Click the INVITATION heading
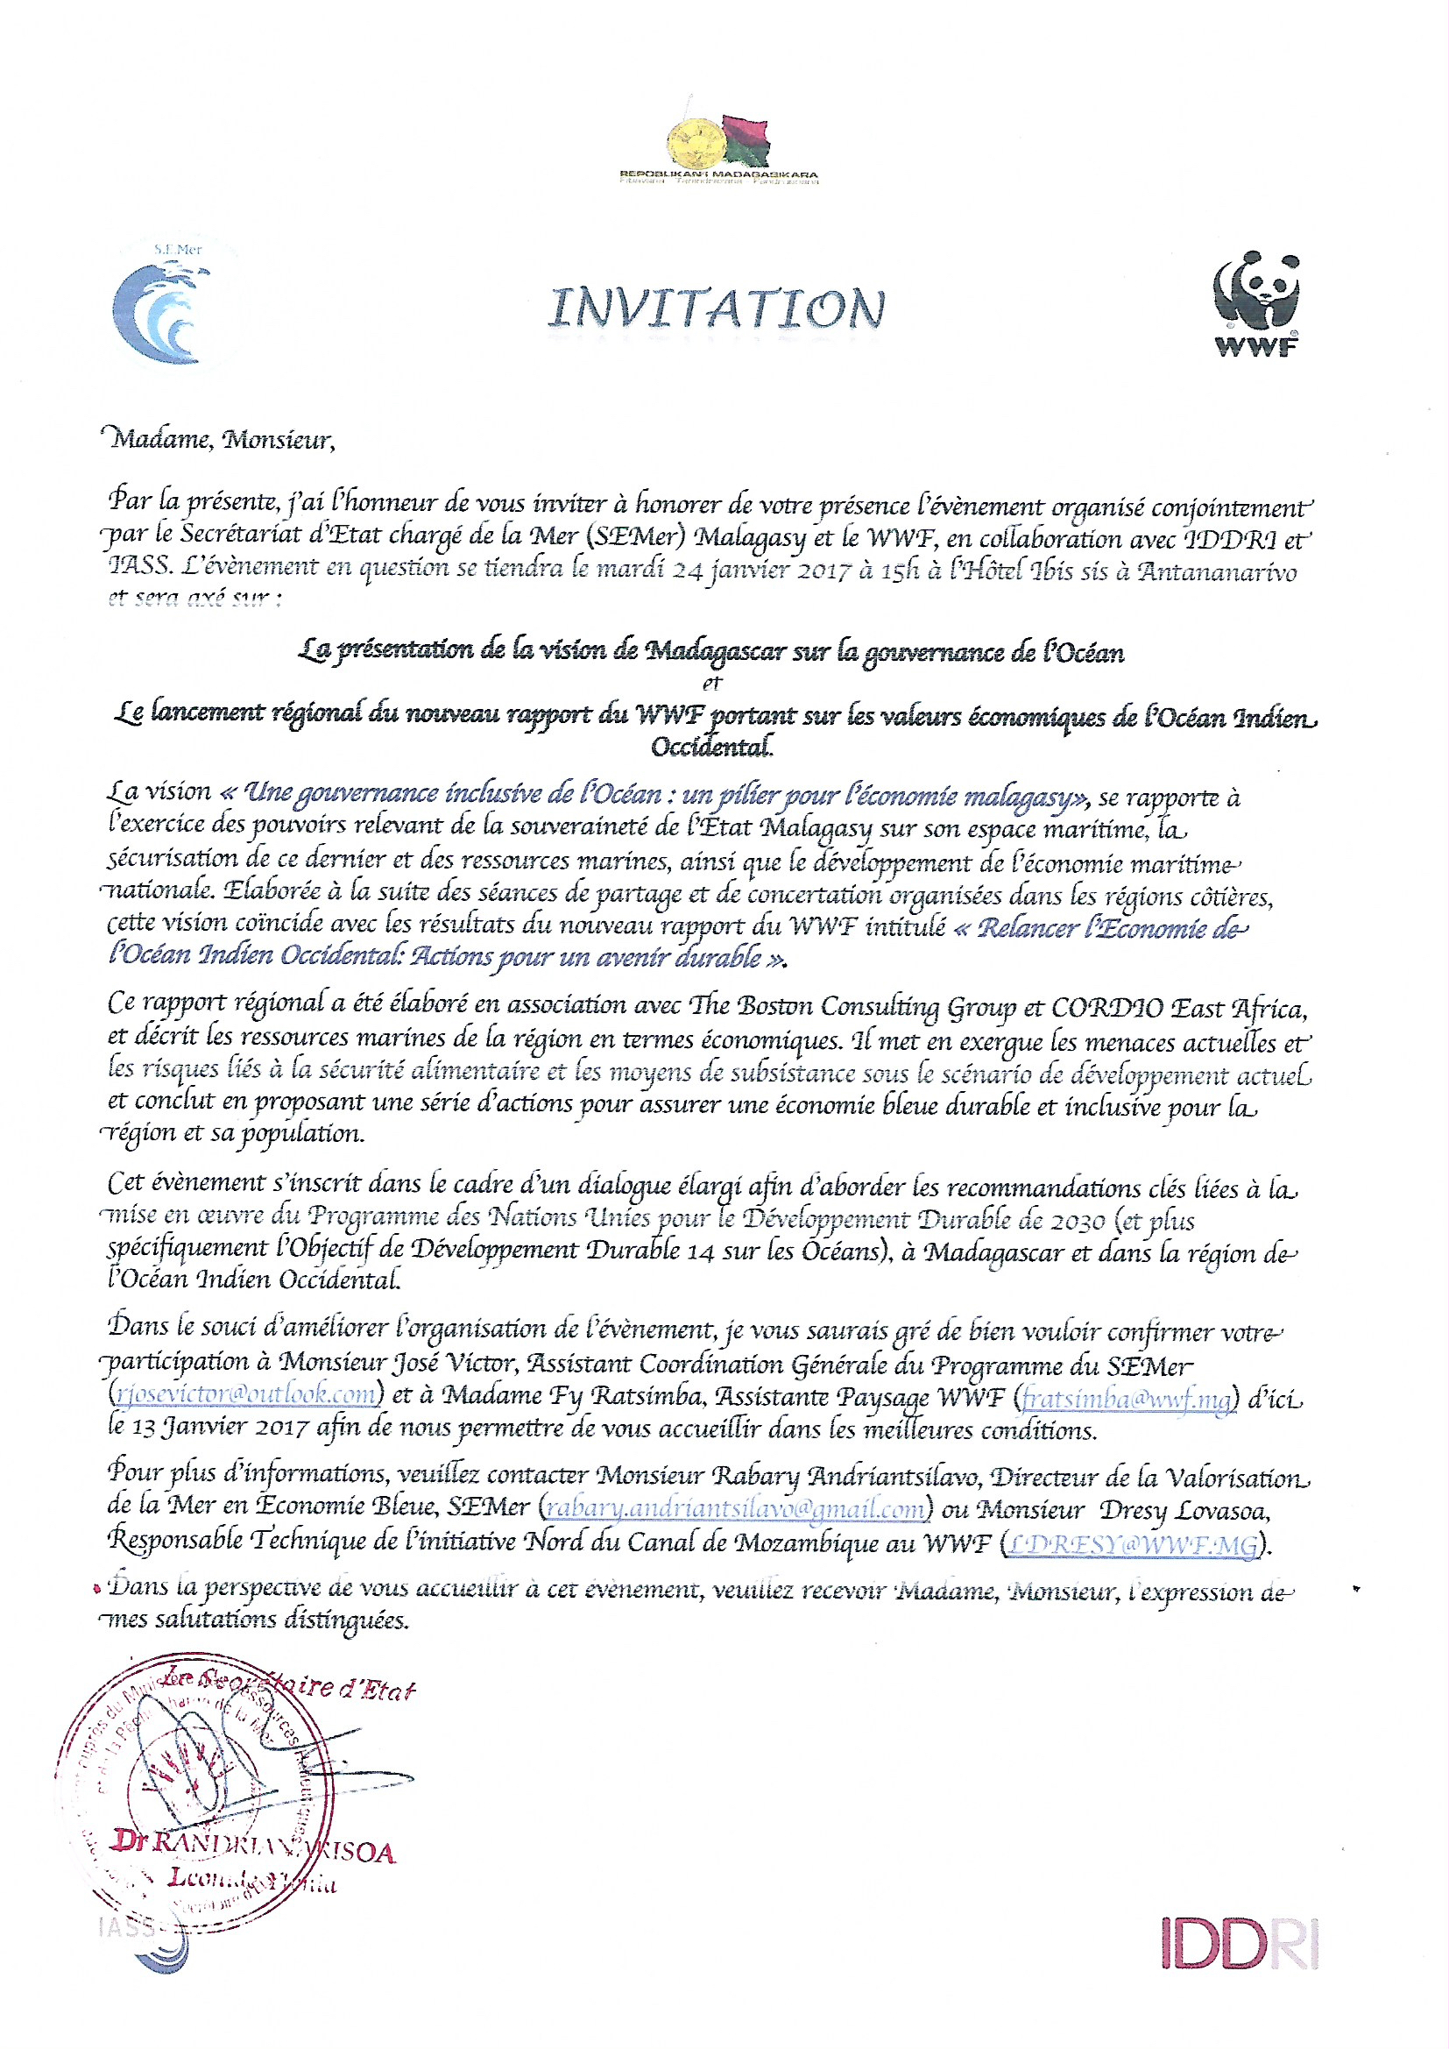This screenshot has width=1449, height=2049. click(717, 308)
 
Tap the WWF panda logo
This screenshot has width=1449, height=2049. click(1256, 303)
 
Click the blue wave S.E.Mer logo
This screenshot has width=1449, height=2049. click(159, 308)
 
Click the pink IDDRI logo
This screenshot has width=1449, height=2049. click(1240, 1944)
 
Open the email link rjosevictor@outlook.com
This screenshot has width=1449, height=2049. click(245, 1394)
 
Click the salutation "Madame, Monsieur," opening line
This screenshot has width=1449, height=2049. click(222, 440)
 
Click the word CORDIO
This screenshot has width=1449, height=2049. click(1106, 1008)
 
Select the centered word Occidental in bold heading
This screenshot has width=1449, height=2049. click(712, 746)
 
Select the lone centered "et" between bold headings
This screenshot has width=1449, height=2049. click(711, 684)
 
